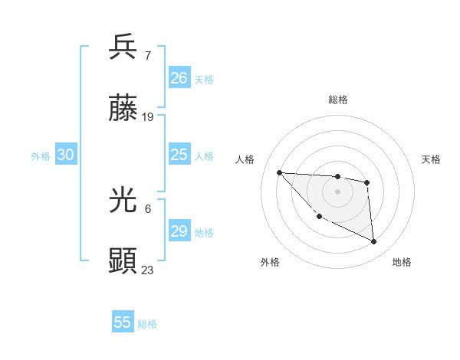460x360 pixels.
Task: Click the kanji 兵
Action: click(123, 47)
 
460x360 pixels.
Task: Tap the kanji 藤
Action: click(123, 110)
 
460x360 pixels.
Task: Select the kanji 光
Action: click(123, 201)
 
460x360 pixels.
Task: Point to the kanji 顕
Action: click(123, 261)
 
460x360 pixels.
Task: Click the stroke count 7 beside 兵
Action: click(148, 56)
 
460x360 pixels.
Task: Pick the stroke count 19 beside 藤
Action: click(148, 117)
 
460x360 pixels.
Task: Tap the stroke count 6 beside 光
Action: click(148, 208)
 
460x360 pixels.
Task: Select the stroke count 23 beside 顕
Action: click(148, 270)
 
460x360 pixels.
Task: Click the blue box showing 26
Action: click(179, 78)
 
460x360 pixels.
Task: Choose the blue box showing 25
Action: click(179, 155)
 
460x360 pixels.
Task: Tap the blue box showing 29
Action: click(179, 231)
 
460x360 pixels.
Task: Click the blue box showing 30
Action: click(66, 155)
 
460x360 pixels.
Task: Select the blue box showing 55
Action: click(123, 322)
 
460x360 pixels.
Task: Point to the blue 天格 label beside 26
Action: click(204, 80)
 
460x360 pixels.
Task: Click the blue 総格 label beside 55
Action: click(147, 324)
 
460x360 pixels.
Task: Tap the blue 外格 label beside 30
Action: click(41, 156)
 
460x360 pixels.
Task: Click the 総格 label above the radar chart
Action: click(337, 100)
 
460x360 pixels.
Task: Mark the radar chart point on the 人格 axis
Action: click(279, 172)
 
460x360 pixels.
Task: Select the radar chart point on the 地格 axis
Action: click(374, 242)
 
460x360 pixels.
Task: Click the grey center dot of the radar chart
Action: click(337, 191)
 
